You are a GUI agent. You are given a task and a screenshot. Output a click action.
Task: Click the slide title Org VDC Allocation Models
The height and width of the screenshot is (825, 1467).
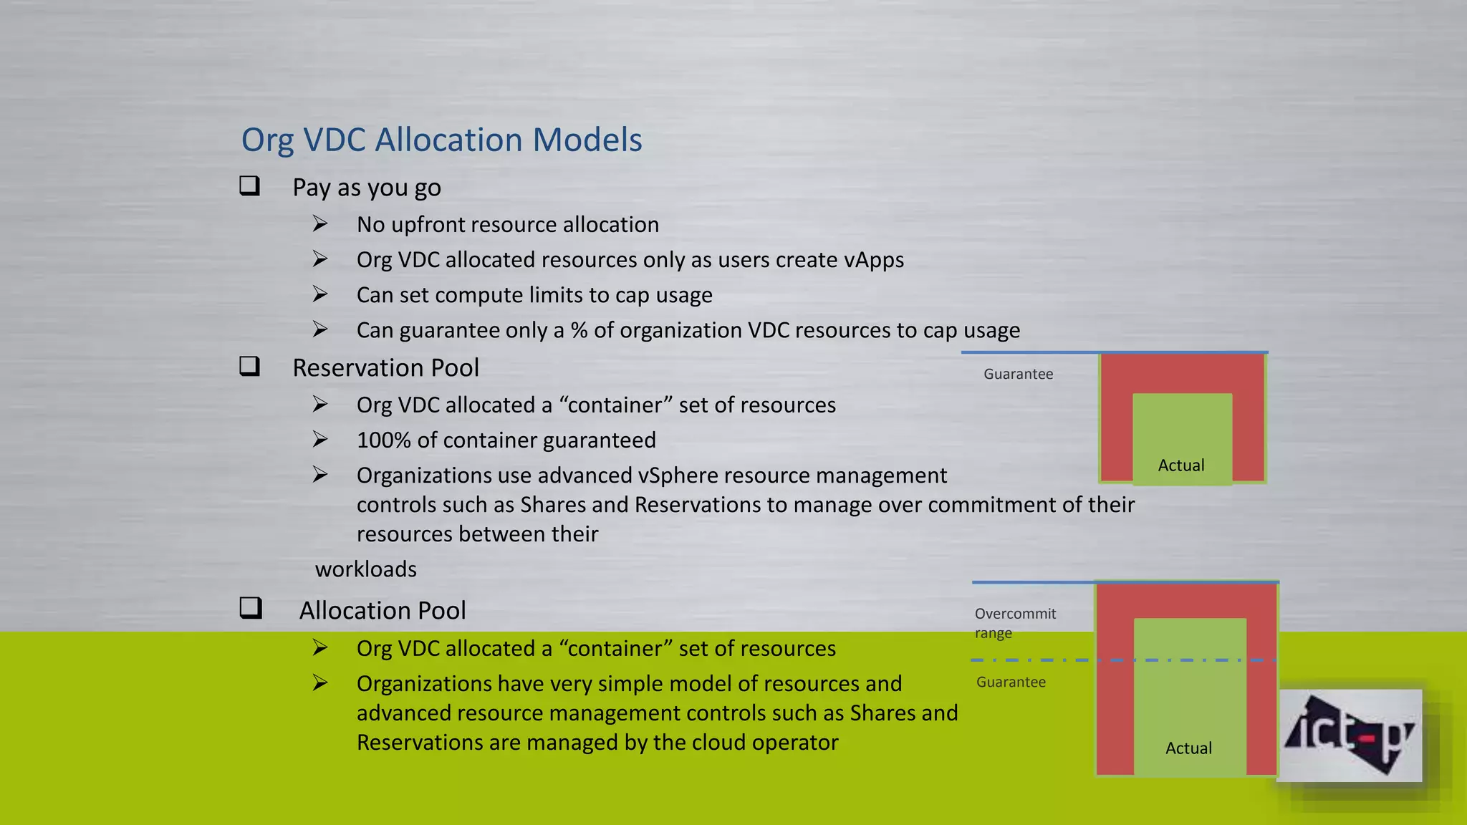pyautogui.click(x=441, y=140)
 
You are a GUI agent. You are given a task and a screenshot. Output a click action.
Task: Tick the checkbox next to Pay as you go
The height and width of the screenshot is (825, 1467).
pyautogui.click(x=249, y=186)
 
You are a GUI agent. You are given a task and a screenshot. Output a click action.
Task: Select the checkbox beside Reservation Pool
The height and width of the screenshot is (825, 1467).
pyautogui.click(x=249, y=366)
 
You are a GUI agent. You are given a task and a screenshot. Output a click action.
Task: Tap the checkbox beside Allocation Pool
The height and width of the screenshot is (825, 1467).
pyautogui.click(x=250, y=608)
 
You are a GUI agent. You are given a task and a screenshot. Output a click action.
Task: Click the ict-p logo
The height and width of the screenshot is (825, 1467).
pyautogui.click(x=1350, y=735)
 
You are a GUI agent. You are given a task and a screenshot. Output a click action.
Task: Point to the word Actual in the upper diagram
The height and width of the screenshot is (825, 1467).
pyautogui.click(x=1181, y=465)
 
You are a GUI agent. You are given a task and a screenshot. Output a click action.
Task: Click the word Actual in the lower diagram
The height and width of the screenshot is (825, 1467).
pyautogui.click(x=1188, y=748)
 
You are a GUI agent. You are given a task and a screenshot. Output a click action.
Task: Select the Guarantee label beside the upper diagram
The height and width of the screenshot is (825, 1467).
pyautogui.click(x=1018, y=374)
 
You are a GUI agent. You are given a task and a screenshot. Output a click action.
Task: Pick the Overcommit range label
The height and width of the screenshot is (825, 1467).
pyautogui.click(x=1014, y=623)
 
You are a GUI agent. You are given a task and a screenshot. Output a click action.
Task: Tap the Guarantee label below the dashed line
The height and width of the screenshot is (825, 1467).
pyautogui.click(x=1011, y=682)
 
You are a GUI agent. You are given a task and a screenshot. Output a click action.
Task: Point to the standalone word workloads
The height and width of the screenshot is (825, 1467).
pyautogui.click(x=366, y=569)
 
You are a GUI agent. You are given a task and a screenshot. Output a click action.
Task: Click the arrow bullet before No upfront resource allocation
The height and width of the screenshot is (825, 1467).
pyautogui.click(x=320, y=224)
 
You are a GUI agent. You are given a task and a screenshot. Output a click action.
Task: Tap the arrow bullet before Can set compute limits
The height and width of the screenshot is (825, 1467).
pyautogui.click(x=320, y=294)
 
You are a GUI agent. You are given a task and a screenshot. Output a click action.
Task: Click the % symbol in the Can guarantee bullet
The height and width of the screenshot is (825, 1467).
pyautogui.click(x=579, y=330)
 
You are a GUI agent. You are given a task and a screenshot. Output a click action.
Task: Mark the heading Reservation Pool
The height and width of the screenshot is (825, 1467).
pyautogui.click(x=385, y=367)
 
